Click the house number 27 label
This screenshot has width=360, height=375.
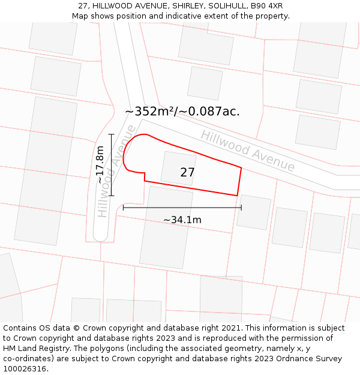pos(187,173)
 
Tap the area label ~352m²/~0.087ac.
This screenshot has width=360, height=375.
pos(182,112)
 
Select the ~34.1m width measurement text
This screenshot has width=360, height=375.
pos(182,220)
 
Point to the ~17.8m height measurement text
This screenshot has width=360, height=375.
pos(100,165)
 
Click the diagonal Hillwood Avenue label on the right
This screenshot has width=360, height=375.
pos(248,151)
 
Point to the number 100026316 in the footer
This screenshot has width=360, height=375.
pos(25,369)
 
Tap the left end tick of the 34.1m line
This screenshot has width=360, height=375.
pos(123,208)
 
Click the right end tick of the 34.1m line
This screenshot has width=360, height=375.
pos(241,208)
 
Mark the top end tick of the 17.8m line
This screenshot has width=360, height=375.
pos(112,134)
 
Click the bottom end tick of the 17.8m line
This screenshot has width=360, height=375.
pos(112,196)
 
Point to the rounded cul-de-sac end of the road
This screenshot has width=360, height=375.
pos(100,235)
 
